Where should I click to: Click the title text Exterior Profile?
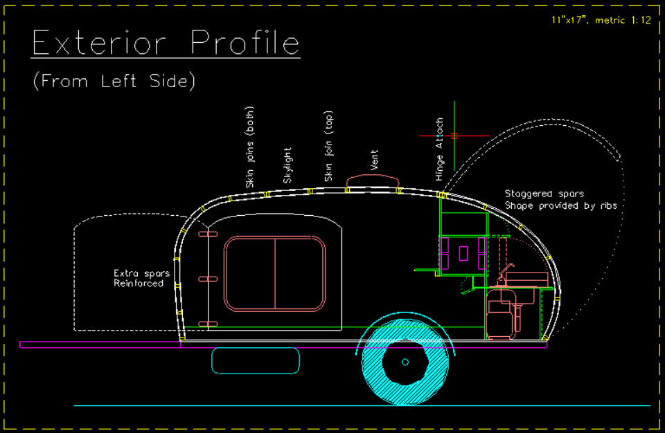(166, 42)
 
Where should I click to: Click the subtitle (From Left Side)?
(114, 81)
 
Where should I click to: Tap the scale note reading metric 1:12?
(623, 20)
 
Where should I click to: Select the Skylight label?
(287, 165)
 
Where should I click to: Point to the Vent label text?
(373, 160)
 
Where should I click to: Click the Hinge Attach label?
(439, 149)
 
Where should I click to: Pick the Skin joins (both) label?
(250, 147)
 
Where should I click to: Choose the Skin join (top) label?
(328, 146)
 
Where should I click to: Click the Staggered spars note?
(544, 194)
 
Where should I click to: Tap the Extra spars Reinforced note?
(141, 278)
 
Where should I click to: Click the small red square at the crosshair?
(454, 136)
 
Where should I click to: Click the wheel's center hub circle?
(405, 362)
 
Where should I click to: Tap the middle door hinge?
(208, 279)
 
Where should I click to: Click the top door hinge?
(208, 234)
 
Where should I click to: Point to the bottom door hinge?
(208, 324)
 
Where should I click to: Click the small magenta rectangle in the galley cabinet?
(463, 253)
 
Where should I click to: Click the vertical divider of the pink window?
(275, 274)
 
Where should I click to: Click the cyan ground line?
(362, 405)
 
